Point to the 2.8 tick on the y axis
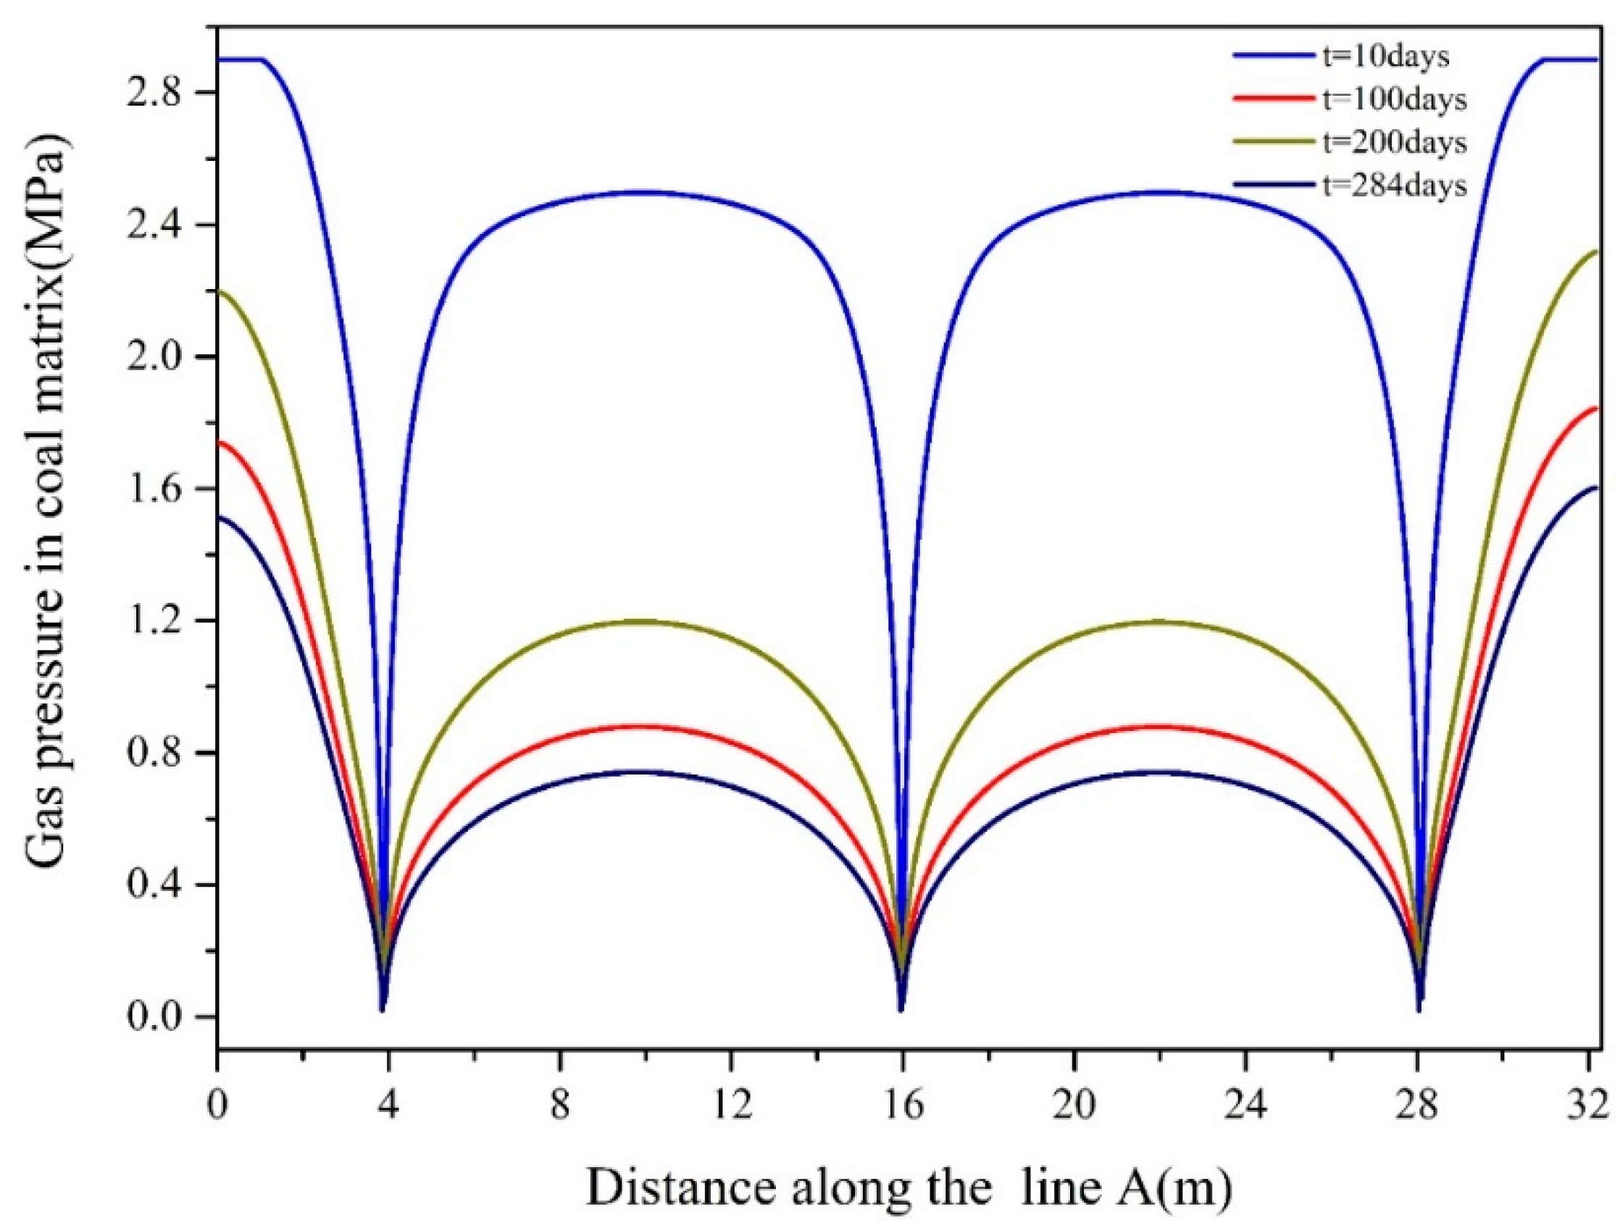pos(158,93)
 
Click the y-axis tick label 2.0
pos(158,357)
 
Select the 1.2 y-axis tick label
pos(158,621)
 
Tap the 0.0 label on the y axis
pos(158,1017)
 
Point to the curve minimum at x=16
pos(901,1009)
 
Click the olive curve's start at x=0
pos(220,291)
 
